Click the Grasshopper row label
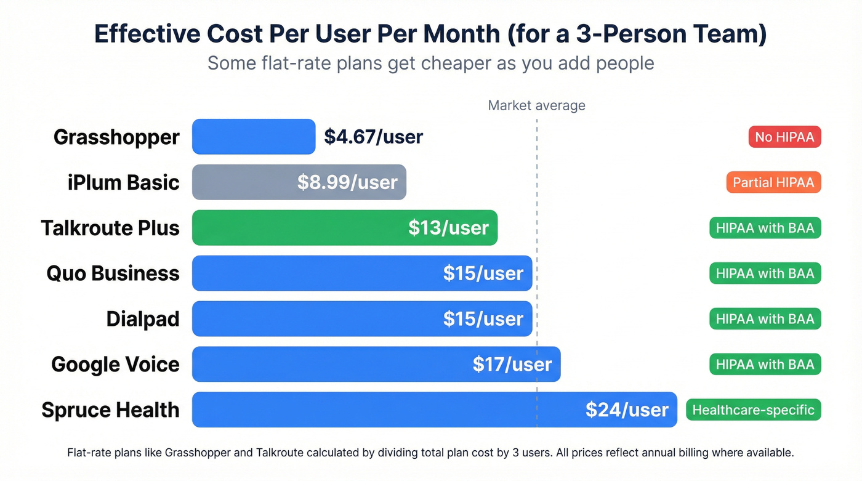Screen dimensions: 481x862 click(116, 137)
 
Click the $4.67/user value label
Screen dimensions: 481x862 click(373, 137)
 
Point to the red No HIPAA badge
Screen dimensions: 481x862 click(784, 137)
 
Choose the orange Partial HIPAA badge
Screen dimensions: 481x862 click(773, 182)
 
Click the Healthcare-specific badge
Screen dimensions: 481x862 click(753, 410)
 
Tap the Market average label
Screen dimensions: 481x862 click(536, 105)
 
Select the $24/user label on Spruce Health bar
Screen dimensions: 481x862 click(626, 410)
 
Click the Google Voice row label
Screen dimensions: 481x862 click(115, 365)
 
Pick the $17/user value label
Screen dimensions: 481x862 click(512, 365)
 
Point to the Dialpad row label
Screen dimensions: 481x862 click(143, 319)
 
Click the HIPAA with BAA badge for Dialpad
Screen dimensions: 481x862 click(765, 319)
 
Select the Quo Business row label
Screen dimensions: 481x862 click(113, 273)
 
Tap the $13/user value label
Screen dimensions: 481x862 click(448, 228)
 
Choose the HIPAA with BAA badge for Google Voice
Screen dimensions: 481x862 click(765, 365)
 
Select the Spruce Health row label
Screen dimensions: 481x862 click(110, 410)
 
